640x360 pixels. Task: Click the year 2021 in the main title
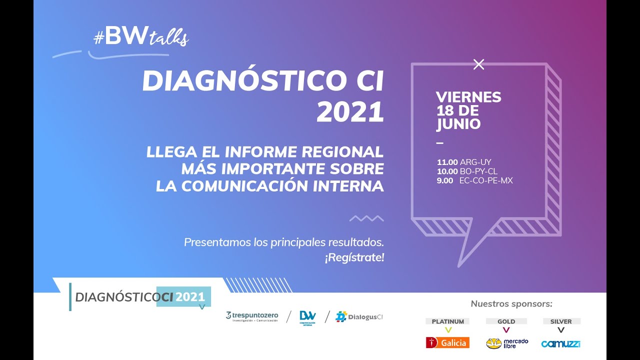[x=350, y=112]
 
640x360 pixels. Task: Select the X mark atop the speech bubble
[x=478, y=64]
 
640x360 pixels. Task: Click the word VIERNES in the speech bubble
[x=468, y=97]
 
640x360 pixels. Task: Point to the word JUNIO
[x=458, y=124]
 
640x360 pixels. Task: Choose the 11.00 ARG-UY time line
[x=464, y=162]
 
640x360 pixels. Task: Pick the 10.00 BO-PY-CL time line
[x=467, y=171]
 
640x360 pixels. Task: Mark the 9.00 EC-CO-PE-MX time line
[x=474, y=180]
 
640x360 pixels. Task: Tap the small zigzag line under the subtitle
[x=366, y=218]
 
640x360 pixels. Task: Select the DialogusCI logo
[x=358, y=316]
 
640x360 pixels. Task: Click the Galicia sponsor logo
[x=447, y=342]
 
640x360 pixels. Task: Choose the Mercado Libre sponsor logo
[x=507, y=343]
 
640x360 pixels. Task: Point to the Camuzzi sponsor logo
[x=560, y=343]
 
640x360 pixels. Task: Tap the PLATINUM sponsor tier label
[x=447, y=321]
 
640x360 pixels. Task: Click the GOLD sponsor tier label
[x=506, y=321]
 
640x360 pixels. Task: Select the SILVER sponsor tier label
[x=560, y=321]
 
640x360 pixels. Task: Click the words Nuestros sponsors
[x=511, y=304]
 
